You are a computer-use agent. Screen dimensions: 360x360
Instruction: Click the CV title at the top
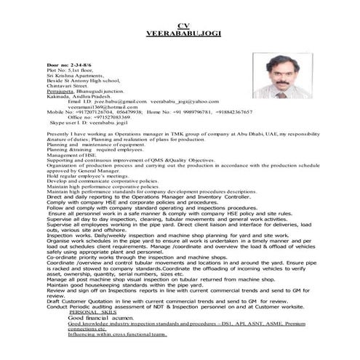[182, 25]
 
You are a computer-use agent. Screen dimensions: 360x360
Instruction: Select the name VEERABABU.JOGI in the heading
[182, 33]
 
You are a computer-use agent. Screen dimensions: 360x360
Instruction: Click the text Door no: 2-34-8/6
[68, 65]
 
